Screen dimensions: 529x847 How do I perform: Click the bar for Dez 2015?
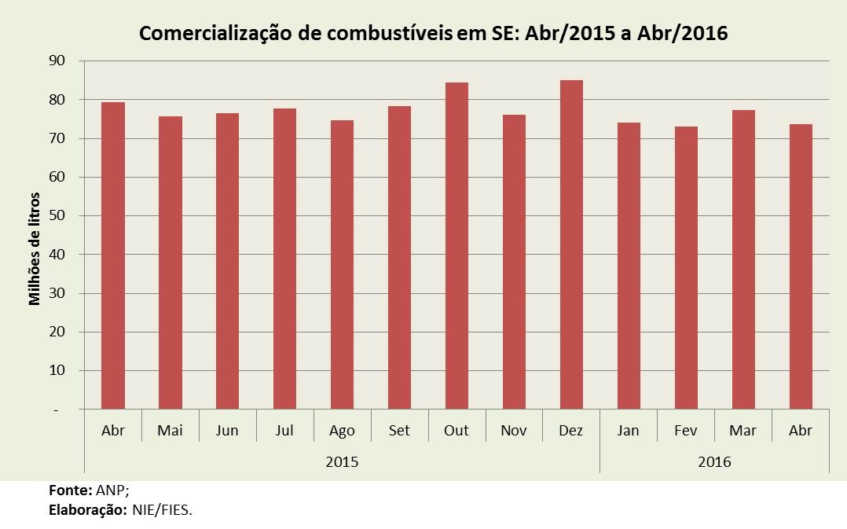(571, 244)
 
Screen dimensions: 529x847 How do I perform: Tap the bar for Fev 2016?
(686, 267)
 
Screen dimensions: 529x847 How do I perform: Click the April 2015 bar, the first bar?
(113, 255)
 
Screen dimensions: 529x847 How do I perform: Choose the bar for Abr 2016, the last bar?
(801, 266)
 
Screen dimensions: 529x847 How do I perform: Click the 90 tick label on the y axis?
(57, 61)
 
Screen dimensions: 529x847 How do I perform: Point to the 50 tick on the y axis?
(57, 216)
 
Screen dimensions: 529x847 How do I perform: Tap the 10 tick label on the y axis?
(57, 371)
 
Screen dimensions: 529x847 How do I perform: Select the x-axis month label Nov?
(514, 431)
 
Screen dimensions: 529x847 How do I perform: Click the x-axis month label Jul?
(284, 431)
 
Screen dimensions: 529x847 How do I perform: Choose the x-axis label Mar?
(743, 431)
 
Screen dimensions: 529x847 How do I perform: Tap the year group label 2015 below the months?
(342, 462)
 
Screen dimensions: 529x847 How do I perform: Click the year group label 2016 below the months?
(714, 462)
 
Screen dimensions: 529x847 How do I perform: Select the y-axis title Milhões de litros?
(35, 248)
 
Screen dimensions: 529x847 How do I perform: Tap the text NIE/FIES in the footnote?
(162, 509)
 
